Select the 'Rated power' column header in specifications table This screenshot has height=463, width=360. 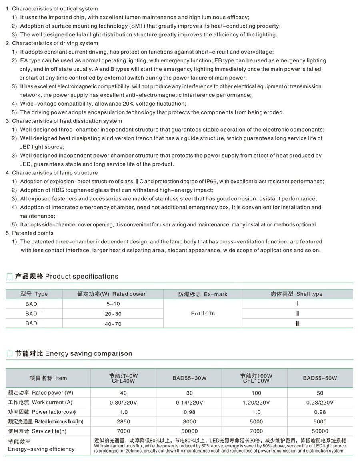click(x=111, y=294)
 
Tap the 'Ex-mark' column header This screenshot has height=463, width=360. click(x=203, y=294)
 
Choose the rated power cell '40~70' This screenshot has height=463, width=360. click(x=113, y=324)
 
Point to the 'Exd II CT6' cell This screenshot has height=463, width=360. click(x=203, y=314)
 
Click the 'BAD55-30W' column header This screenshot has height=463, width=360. click(x=190, y=378)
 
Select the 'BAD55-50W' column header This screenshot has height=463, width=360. click(x=320, y=378)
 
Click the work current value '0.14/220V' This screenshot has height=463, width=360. click(x=190, y=403)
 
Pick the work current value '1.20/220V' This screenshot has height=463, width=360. click(x=256, y=403)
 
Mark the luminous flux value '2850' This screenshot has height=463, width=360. click(x=123, y=422)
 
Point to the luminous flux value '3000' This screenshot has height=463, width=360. click(x=190, y=422)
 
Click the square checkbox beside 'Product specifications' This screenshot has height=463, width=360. click(x=10, y=277)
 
